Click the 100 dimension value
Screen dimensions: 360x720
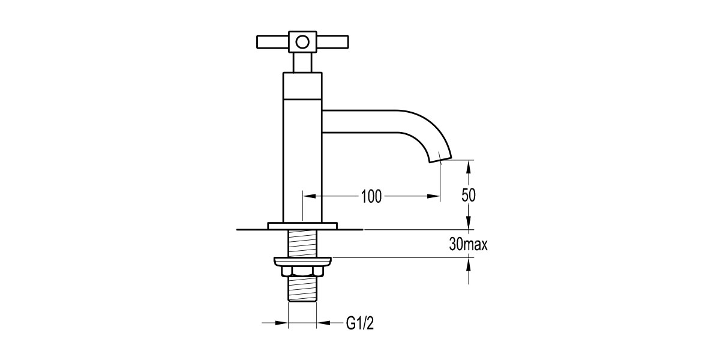371,196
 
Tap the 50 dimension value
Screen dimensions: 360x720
469,196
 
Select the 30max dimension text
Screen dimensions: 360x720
468,245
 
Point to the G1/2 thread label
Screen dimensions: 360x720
361,323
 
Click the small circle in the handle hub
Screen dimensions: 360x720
303,42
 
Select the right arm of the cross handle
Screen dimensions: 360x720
333,43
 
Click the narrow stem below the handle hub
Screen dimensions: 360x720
303,62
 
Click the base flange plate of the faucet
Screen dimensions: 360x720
303,226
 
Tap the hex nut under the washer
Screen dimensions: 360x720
303,272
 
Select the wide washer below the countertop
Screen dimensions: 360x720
303,262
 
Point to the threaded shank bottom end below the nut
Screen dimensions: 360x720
303,291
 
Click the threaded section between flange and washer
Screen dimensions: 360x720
303,244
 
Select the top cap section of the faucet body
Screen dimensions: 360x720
303,85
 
